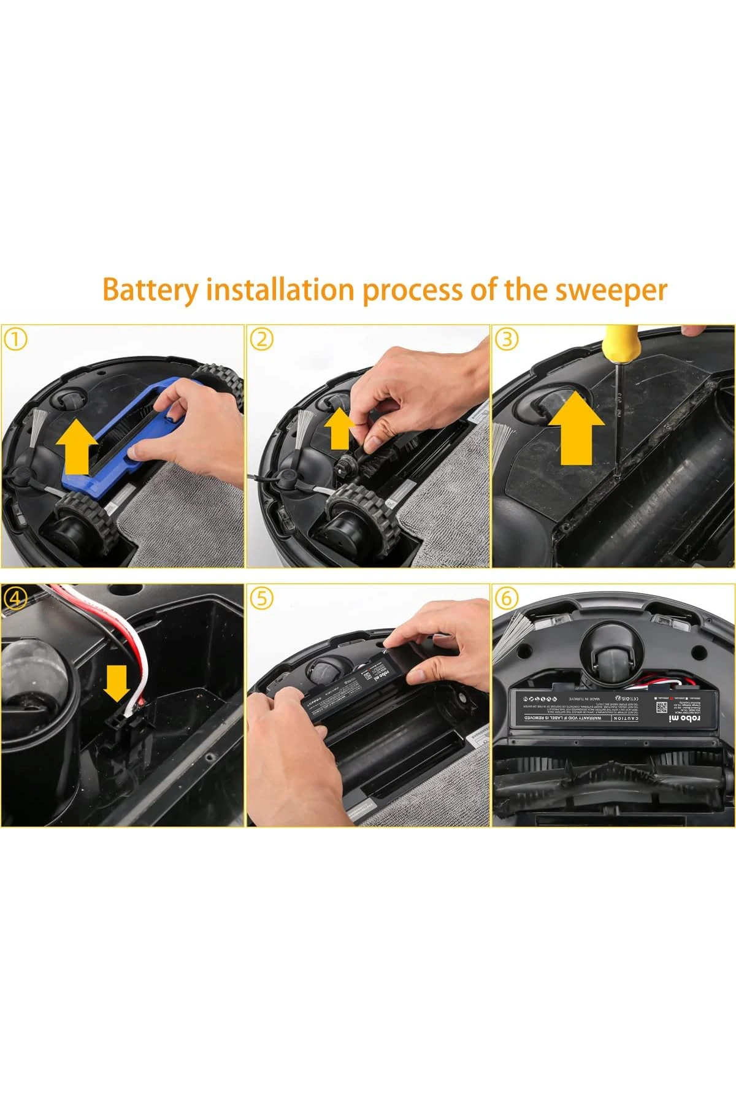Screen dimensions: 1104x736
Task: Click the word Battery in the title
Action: (x=151, y=289)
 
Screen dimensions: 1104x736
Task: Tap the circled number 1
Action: (x=17, y=339)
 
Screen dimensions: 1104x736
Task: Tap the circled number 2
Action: (x=262, y=339)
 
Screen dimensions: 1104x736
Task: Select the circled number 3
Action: (x=507, y=339)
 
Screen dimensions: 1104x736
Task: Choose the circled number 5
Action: (x=262, y=599)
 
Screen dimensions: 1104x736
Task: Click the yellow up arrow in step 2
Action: (x=339, y=430)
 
